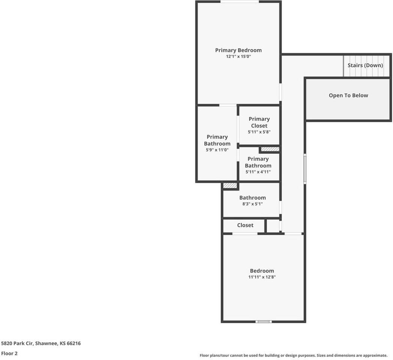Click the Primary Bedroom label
[238, 50]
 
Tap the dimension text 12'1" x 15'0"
[238, 57]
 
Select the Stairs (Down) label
[365, 65]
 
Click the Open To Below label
[348, 95]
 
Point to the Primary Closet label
[259, 122]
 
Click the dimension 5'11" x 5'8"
[259, 132]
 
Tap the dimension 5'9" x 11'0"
[217, 150]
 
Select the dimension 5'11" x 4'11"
[258, 172]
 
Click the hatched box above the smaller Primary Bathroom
[270, 149]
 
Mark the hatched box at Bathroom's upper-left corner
[230, 185]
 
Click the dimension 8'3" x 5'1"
[252, 204]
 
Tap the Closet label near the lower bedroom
[245, 225]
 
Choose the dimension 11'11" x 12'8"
[262, 277]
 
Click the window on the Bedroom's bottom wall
[263, 321]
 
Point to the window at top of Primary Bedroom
[239, 2]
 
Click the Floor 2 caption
[9, 353]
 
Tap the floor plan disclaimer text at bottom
[293, 355]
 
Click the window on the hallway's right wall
[305, 169]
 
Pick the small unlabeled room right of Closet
[273, 226]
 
